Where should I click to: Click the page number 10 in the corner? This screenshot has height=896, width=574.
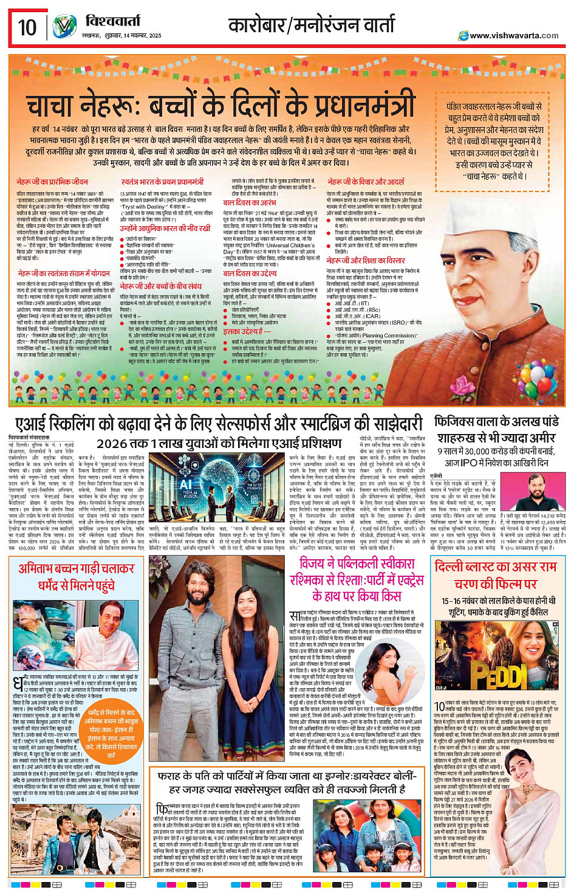(x=27, y=27)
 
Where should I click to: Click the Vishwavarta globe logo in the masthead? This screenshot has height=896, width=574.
(x=64, y=27)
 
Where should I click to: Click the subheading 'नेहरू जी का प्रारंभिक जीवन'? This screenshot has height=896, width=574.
(x=52, y=182)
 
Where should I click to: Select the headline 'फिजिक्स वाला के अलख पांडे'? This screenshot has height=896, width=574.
(x=496, y=422)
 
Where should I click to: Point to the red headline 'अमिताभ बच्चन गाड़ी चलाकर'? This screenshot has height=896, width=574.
(x=77, y=568)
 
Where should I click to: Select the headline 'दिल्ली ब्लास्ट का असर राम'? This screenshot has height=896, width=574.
(x=496, y=566)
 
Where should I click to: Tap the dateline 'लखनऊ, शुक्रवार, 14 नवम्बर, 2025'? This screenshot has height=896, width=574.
(x=122, y=36)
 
